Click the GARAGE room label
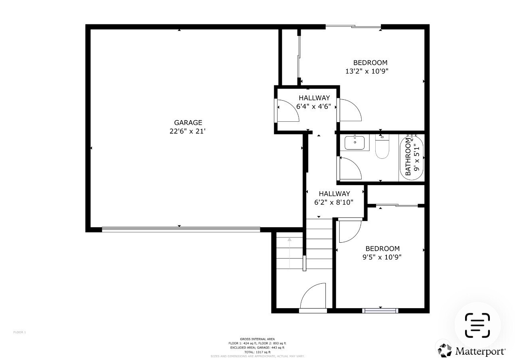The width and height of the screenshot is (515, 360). coord(188,123)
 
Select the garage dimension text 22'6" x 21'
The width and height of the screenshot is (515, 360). coord(188,131)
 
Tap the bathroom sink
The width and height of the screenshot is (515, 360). coord(355,143)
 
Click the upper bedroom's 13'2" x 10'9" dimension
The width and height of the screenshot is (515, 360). coord(366,71)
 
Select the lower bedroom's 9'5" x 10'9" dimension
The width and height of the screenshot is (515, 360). coord(382,257)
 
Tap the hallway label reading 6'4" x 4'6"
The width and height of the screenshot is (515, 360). coord(314,107)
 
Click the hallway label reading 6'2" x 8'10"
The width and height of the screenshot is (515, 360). coord(334,202)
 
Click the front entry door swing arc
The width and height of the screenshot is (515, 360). coord(313,296)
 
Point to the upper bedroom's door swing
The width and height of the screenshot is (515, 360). coord(350,110)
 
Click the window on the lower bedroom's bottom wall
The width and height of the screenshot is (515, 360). coord(380,310)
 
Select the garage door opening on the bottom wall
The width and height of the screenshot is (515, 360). coord(181,229)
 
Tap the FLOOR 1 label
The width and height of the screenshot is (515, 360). coord(20,332)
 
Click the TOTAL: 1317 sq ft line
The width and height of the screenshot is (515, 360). coord(257,352)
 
